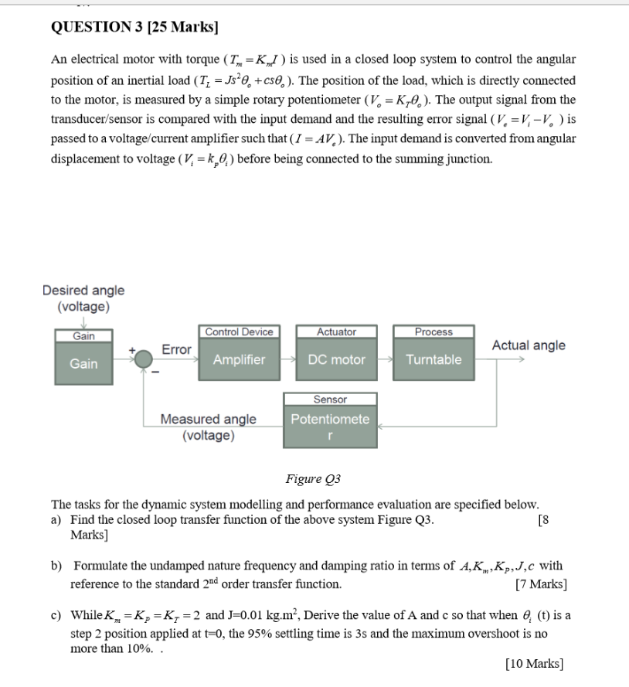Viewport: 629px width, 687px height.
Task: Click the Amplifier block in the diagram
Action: tap(239, 360)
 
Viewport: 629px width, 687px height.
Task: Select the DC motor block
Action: tap(336, 360)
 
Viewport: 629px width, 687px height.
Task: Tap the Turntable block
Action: tap(433, 360)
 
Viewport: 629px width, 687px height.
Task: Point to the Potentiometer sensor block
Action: tap(330, 427)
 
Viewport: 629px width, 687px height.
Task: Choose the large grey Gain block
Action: tap(83, 363)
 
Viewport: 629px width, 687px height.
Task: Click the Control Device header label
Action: tap(239, 332)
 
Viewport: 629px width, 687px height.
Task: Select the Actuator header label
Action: tap(336, 332)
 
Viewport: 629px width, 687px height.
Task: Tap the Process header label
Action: tap(433, 332)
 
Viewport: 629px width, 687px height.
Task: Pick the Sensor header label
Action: tap(330, 400)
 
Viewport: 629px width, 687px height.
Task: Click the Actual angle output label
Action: tap(529, 345)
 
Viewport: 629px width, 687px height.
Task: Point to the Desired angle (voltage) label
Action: tap(83, 298)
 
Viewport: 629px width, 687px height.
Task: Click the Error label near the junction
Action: tap(176, 350)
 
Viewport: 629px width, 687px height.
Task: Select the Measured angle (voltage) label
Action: tap(208, 427)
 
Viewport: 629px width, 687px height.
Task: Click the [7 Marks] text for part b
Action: tap(540, 584)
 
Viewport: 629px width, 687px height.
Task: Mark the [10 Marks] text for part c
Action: tap(534, 663)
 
